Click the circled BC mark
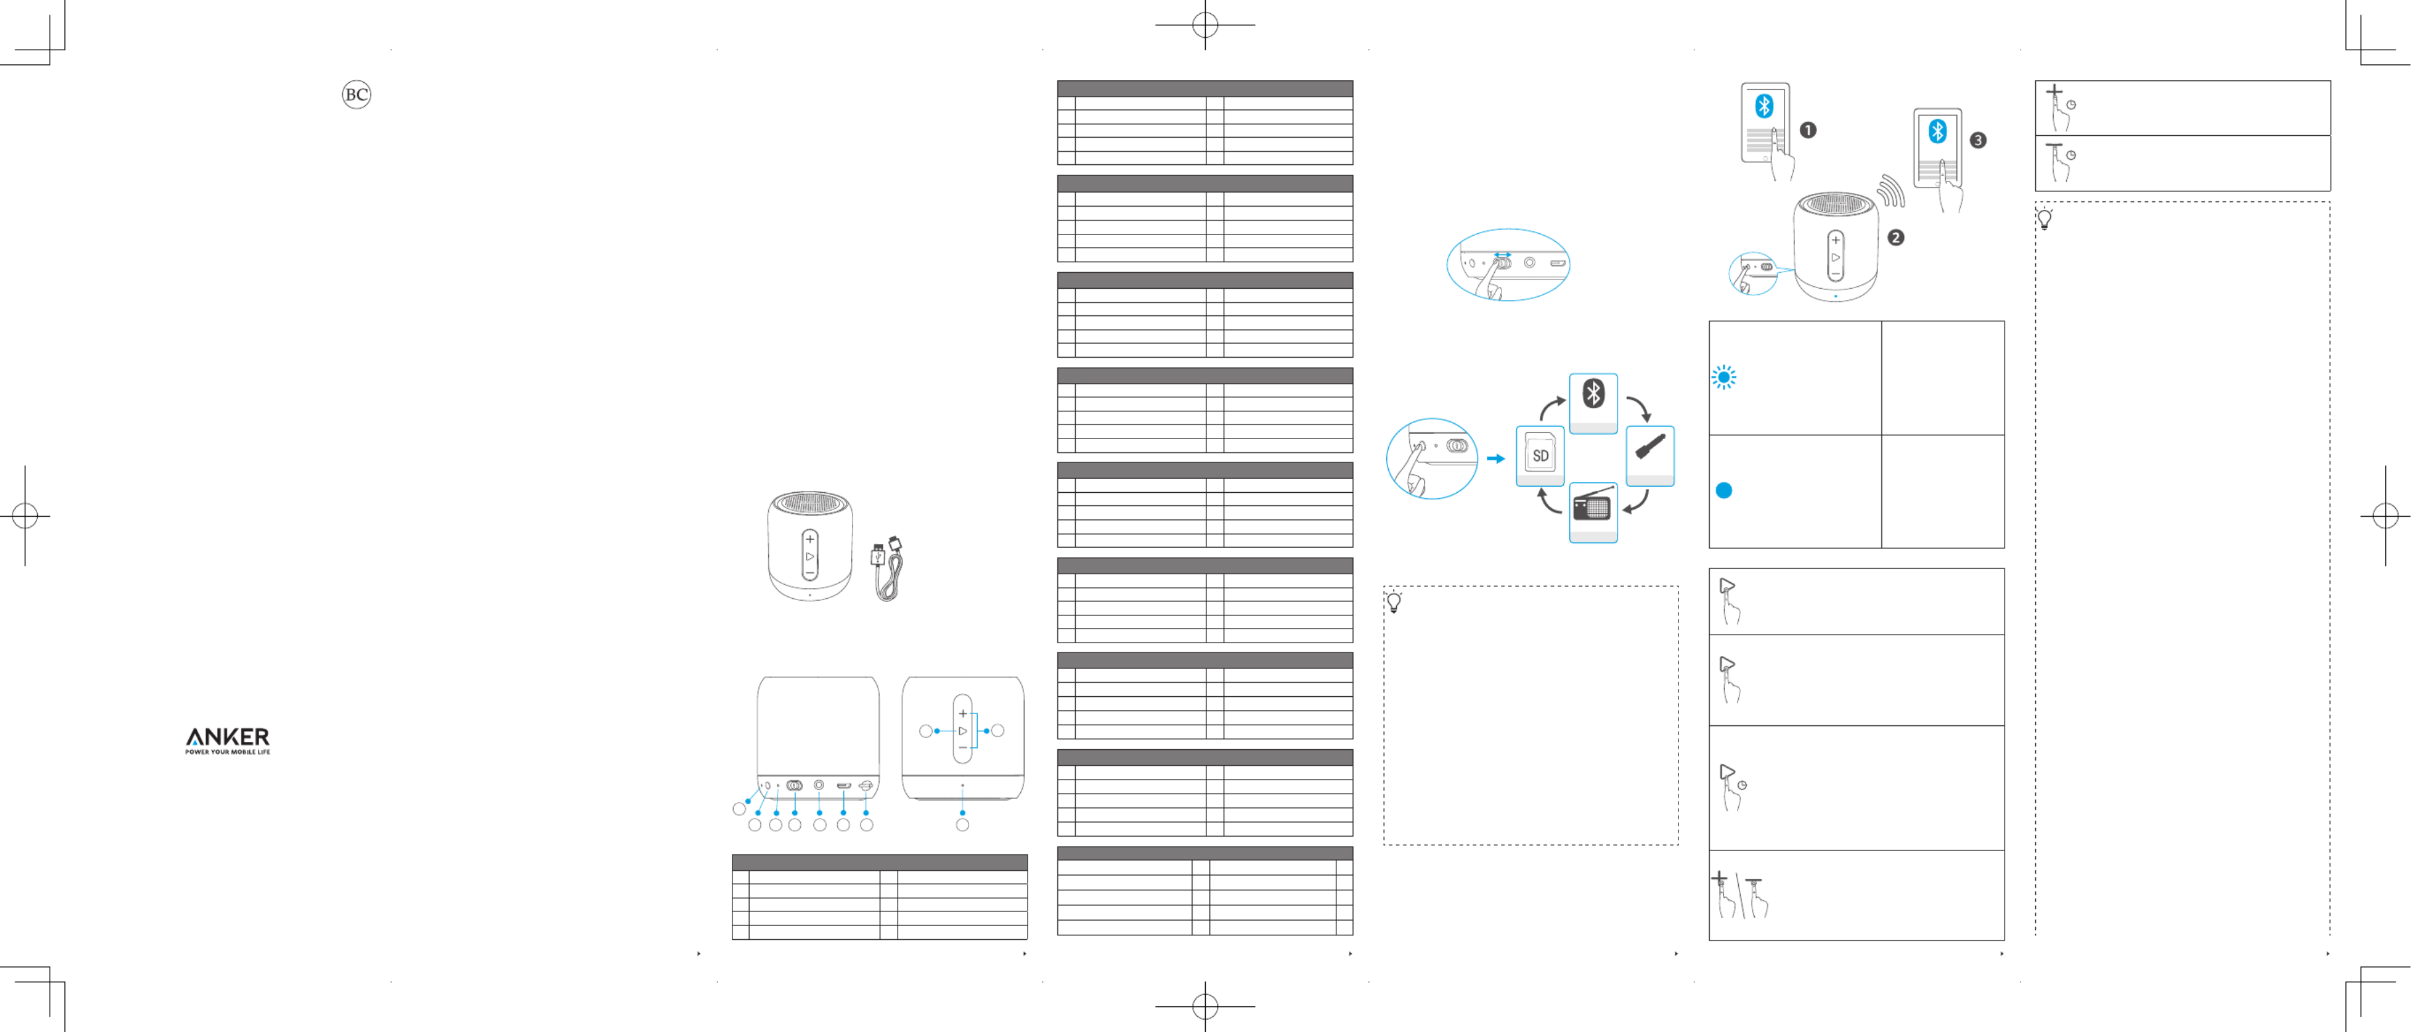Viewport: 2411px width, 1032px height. point(356,95)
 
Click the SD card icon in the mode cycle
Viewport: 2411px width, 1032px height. point(1540,456)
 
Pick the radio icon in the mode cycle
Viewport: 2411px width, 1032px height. point(1592,508)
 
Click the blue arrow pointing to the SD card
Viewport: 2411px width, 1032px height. point(1496,458)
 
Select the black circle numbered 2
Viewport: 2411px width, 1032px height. point(1895,238)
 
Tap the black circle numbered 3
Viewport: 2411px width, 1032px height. point(1977,140)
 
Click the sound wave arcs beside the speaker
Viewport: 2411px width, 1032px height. point(1891,191)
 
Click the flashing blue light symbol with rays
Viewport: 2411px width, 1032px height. point(1723,377)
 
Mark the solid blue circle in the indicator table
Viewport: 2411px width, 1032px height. point(1723,490)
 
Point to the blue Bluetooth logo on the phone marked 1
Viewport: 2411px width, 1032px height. point(1764,106)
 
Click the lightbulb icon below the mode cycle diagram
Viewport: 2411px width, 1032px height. point(1393,603)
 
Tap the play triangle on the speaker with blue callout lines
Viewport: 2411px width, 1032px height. point(962,731)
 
